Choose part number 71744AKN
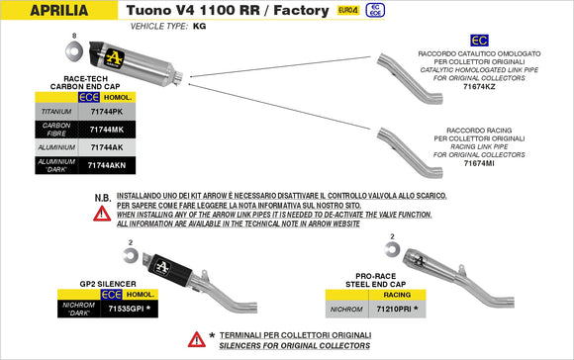(107, 164)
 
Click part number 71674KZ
(481, 88)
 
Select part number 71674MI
(481, 162)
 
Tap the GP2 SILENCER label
(108, 283)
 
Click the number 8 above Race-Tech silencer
(73, 37)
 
